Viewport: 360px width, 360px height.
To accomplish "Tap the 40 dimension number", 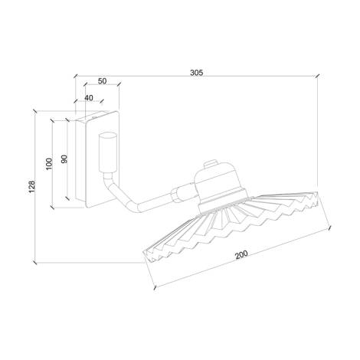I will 90,97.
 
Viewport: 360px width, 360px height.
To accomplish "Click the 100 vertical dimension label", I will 49,163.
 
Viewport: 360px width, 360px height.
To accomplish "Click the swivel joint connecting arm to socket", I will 181,196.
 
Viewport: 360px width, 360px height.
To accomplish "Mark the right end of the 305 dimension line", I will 317,77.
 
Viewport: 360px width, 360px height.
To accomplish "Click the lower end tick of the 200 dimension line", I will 156,287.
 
